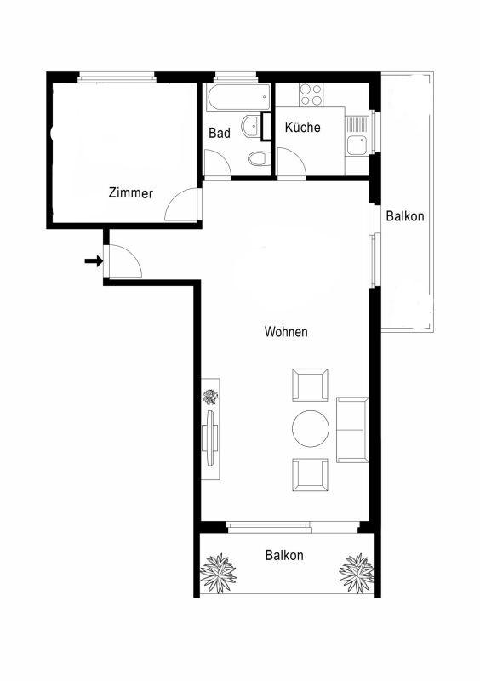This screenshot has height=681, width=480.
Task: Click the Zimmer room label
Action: (x=131, y=193)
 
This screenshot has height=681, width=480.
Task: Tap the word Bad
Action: (x=220, y=133)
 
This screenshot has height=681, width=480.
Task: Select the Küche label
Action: (x=303, y=127)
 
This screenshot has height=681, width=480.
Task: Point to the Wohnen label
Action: (x=286, y=332)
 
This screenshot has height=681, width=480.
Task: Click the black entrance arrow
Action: (x=94, y=261)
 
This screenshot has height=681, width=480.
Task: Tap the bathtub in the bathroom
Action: (x=238, y=97)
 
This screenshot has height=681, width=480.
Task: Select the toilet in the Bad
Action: (x=258, y=158)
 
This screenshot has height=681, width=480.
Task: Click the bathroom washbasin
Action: (x=252, y=126)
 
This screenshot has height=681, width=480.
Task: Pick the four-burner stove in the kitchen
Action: (x=311, y=95)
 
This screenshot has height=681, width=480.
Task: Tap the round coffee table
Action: (x=311, y=428)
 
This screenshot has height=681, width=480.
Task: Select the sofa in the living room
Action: (x=352, y=430)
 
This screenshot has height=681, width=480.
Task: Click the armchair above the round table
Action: (x=310, y=385)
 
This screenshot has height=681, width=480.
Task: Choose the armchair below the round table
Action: (x=310, y=475)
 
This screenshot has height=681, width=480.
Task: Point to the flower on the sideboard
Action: (x=211, y=397)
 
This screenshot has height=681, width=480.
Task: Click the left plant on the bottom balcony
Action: (x=219, y=573)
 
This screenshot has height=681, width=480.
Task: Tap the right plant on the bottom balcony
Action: (x=357, y=573)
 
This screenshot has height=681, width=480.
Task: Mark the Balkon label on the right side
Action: (x=405, y=216)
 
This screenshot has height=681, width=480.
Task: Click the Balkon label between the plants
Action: (x=284, y=555)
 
